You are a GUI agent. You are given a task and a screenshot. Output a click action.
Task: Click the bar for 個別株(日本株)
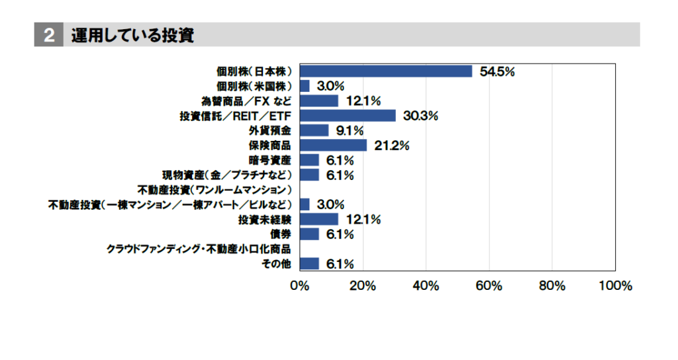coord(385,71)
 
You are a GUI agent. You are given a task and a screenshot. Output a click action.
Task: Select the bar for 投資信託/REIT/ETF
coord(348,116)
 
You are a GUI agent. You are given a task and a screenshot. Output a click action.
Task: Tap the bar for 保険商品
coord(333,145)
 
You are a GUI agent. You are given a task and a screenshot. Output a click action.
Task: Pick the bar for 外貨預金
coord(314,130)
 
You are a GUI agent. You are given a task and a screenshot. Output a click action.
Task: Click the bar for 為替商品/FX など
coord(319,101)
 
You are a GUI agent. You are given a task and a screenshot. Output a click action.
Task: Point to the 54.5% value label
coord(497,72)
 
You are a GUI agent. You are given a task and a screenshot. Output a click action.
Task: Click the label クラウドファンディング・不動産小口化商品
coord(199,249)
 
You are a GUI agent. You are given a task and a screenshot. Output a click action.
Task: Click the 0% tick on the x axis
coord(300,286)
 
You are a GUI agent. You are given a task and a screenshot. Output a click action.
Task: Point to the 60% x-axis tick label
coord(489,286)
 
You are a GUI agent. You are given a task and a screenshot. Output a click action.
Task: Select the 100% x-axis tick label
coord(615,286)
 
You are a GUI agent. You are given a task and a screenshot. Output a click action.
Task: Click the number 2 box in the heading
coord(48,36)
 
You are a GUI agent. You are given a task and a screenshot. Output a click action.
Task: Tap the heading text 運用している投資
coord(133,35)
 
